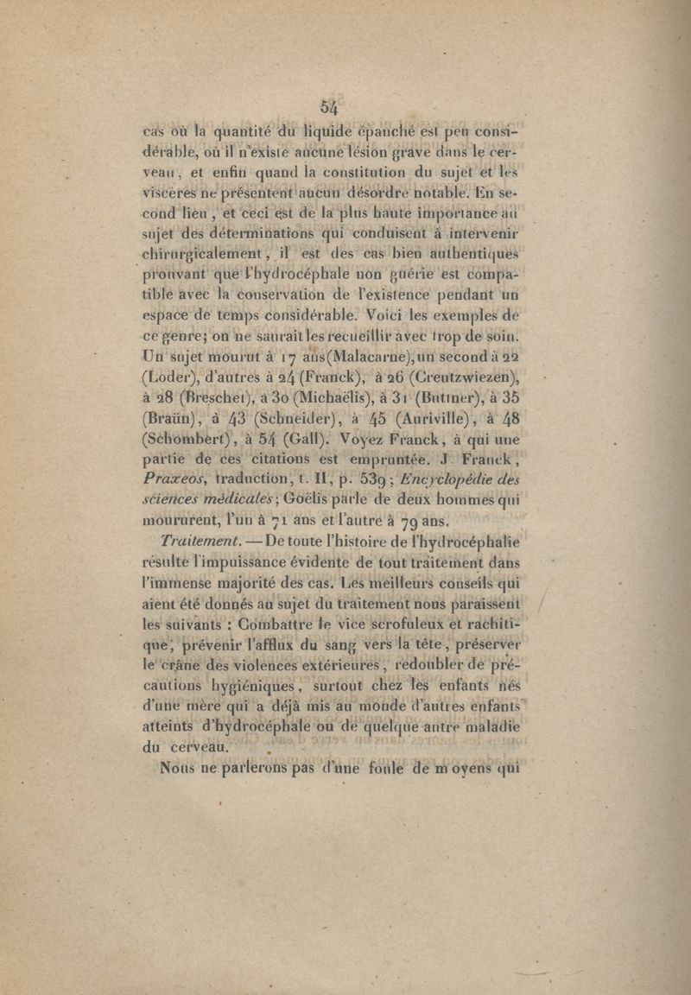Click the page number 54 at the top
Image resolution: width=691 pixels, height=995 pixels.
pos(330,107)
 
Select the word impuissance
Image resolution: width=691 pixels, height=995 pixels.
pos(221,562)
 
